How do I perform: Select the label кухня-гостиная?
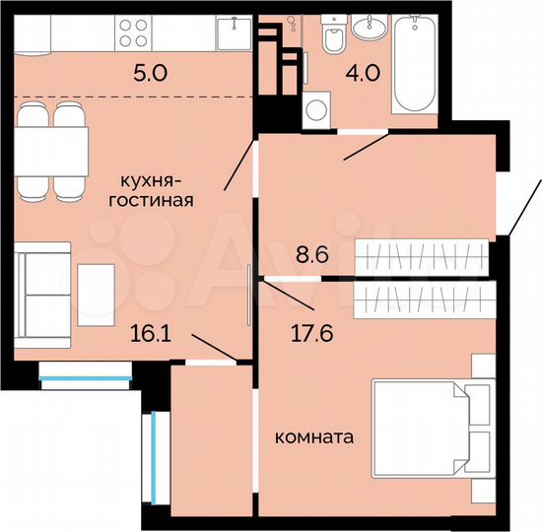point(154,190)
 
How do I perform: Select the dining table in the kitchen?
point(50,152)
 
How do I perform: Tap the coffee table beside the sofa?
point(98,289)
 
